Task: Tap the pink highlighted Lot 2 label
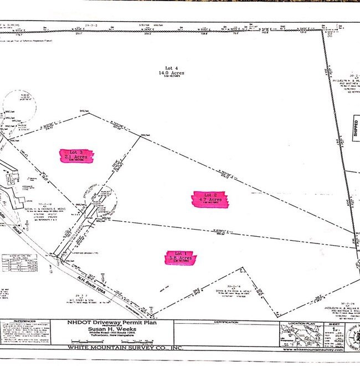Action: coord(210,199)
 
